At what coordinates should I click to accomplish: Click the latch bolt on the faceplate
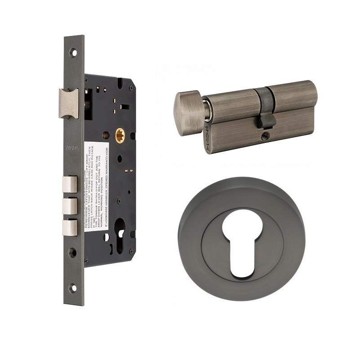[69, 103]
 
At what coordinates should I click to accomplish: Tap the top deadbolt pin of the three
[70, 184]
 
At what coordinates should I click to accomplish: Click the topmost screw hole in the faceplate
[73, 53]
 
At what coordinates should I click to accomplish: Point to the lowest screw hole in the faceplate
[73, 288]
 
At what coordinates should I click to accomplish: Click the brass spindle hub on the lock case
[120, 135]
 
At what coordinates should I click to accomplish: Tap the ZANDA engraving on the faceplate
[72, 148]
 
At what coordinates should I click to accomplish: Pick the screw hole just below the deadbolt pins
[73, 252]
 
